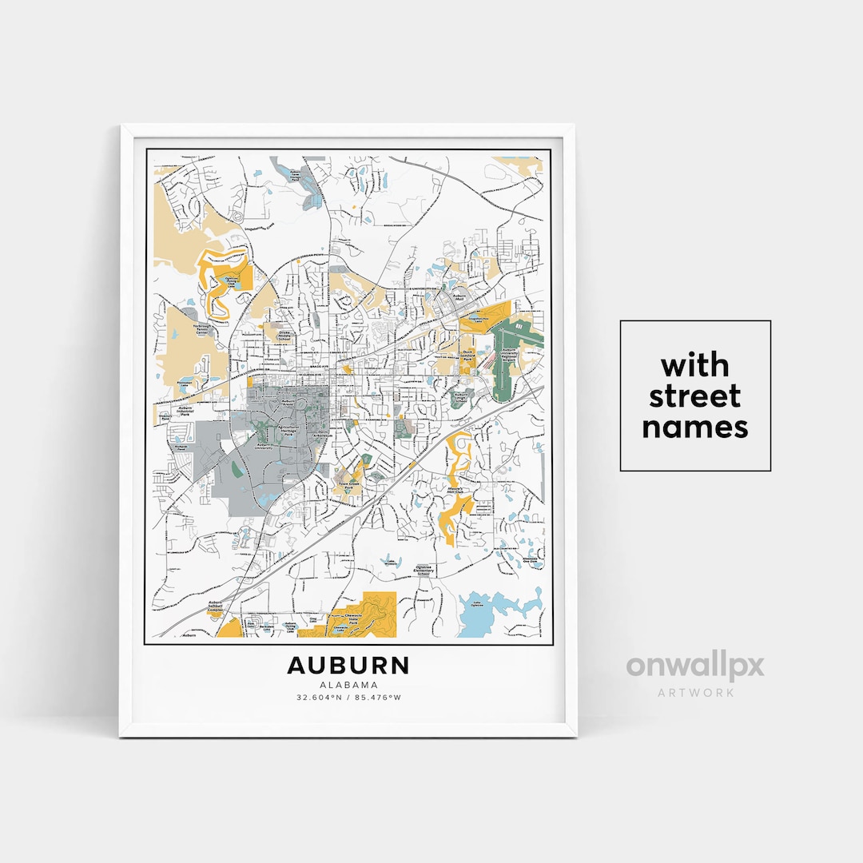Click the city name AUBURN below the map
coord(348,666)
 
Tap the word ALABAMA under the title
coord(348,685)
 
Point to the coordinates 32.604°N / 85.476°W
coord(348,698)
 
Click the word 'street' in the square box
coord(695,396)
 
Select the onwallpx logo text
coord(694,666)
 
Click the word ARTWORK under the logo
coord(695,692)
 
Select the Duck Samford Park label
coord(468,356)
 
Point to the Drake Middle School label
coord(284,336)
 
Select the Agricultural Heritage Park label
coord(287,429)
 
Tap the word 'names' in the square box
coord(695,428)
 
